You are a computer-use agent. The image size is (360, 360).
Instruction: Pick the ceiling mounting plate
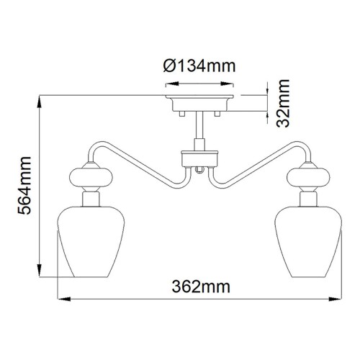tap(200, 99)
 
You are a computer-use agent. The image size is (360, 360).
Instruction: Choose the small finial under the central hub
tap(200, 170)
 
